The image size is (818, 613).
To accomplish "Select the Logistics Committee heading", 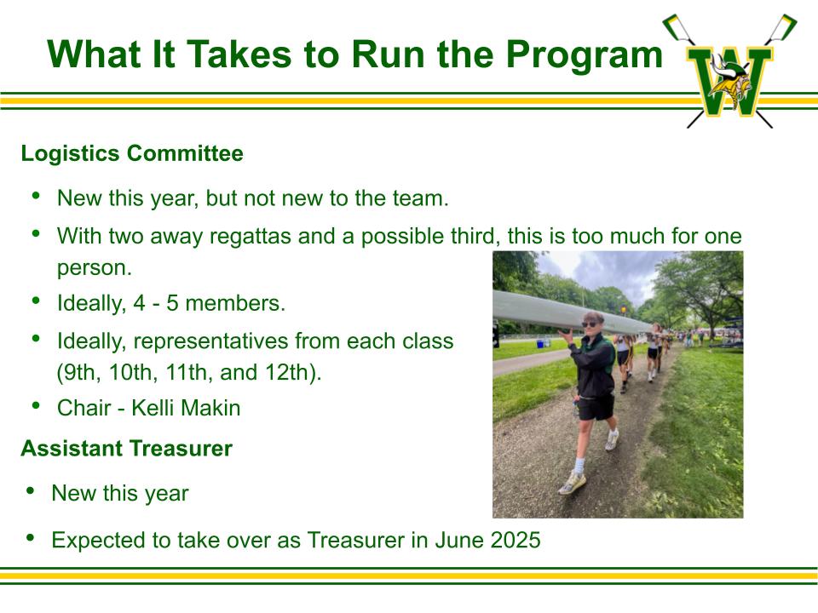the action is click(132, 153).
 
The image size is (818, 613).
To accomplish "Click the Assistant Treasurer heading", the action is click(127, 449).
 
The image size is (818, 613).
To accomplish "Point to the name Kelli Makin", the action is click(186, 408).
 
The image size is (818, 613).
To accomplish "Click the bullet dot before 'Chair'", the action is click(36, 405).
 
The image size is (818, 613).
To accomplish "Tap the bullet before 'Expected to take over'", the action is click(31, 537).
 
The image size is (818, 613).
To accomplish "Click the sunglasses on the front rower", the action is click(590, 324).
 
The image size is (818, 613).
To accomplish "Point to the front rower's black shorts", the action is click(596, 408).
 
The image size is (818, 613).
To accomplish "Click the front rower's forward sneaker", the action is click(572, 484).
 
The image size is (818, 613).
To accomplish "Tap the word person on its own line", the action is click(95, 269).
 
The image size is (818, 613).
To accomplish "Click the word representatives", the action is click(211, 341).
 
